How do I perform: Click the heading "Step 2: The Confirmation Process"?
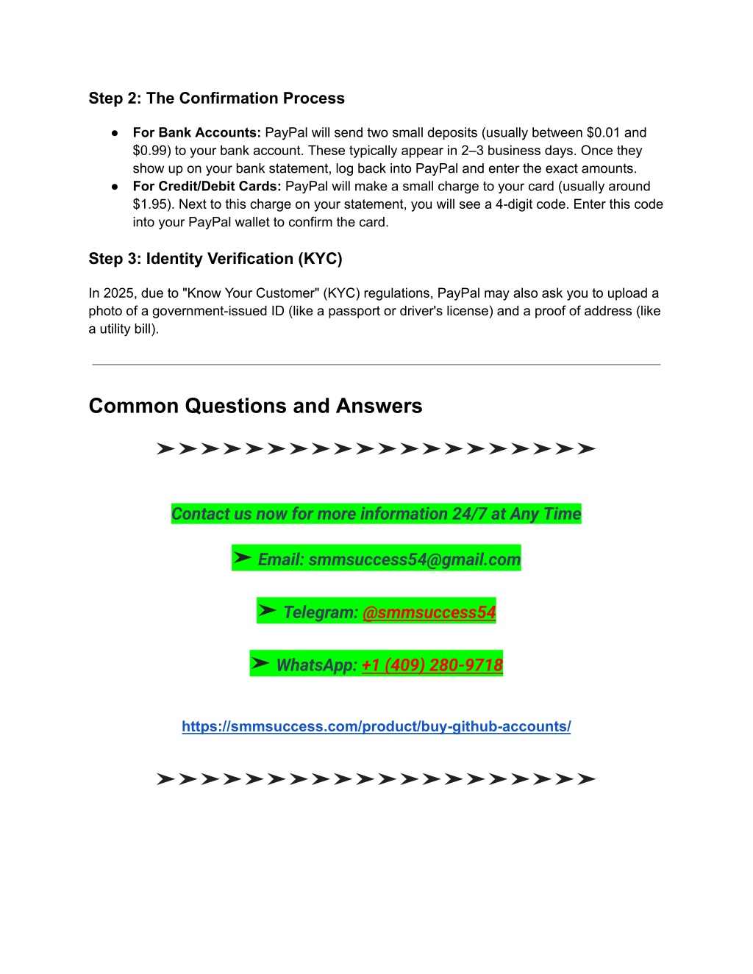(216, 99)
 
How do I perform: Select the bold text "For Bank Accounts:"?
(196, 132)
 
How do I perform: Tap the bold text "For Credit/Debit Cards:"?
(207, 186)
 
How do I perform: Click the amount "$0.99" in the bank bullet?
(150, 151)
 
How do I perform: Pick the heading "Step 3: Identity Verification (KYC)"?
(215, 259)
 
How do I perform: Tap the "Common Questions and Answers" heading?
(255, 406)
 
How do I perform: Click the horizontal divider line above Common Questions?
(376, 364)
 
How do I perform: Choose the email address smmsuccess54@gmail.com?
(414, 559)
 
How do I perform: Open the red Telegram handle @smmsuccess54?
(429, 612)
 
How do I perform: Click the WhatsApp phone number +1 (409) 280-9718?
(432, 665)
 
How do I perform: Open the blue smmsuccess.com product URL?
(376, 726)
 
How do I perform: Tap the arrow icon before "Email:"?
(243, 558)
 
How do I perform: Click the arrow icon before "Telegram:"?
(268, 611)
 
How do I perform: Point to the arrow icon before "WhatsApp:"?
(260, 664)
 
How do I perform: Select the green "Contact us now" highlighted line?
(376, 514)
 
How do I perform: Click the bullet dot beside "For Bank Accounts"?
(115, 133)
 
